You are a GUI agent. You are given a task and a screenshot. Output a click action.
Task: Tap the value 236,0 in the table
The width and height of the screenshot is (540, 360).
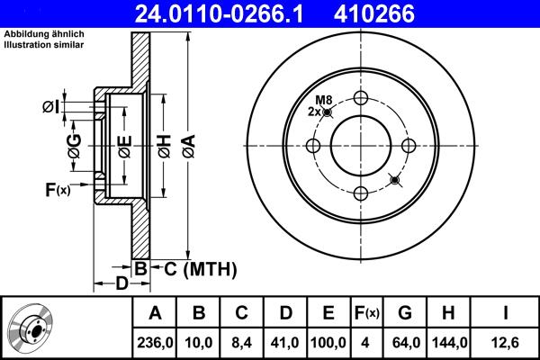pos(156,343)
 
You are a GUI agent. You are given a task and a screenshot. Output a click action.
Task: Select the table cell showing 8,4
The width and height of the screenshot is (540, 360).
pos(242,343)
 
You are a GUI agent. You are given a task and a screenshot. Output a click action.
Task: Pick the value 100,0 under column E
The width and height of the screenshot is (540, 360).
pos(328,343)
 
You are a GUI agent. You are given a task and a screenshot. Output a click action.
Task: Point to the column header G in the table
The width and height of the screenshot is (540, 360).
pos(405,313)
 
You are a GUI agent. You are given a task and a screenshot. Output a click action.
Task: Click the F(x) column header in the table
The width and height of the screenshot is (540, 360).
pos(366,313)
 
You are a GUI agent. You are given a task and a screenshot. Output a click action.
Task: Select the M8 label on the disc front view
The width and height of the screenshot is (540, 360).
pos(323,99)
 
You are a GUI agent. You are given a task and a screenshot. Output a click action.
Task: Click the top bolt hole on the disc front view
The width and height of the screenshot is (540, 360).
pos(362,98)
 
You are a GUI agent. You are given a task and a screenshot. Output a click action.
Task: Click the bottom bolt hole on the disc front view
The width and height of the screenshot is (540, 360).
pos(362,193)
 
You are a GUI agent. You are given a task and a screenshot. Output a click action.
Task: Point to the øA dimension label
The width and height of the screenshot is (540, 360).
pos(187,144)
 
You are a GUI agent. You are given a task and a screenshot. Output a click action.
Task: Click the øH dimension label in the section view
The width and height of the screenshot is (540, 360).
pos(164,145)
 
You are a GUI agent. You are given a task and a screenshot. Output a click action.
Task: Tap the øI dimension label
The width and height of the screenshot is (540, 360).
pos(51,108)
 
